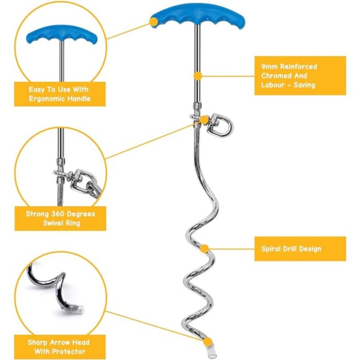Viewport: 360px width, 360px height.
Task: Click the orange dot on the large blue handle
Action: (153, 22)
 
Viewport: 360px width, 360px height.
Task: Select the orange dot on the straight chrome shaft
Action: (197, 76)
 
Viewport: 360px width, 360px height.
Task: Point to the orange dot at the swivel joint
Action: (204, 119)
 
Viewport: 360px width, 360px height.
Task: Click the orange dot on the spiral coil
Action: (204, 248)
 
